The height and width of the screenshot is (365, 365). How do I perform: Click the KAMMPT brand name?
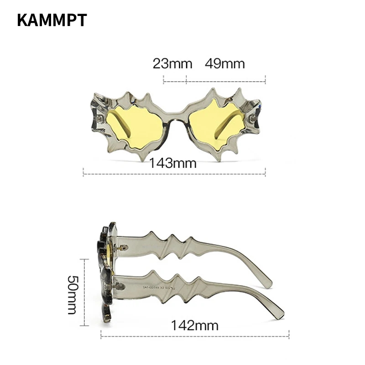coord(52,20)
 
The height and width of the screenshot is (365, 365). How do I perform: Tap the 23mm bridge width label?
coord(172,63)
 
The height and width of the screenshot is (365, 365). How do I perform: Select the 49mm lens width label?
coord(225,63)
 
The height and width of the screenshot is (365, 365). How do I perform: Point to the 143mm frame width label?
coord(172,163)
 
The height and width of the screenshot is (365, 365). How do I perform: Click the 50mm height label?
coord(73,295)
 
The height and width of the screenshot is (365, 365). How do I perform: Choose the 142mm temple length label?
coord(195,325)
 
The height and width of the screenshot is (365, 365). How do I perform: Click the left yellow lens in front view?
coord(135,126)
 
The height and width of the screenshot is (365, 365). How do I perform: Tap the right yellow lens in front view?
coord(218,125)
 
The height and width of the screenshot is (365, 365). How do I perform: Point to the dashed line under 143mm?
coord(174,174)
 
